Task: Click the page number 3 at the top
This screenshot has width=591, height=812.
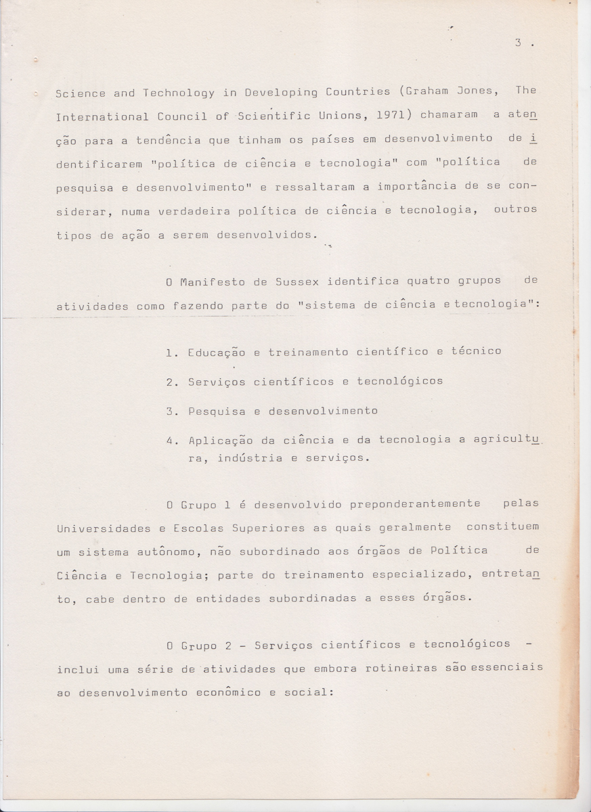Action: pos(517,43)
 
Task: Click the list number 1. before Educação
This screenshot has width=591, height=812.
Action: pos(172,352)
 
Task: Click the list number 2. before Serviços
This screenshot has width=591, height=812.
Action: pos(172,382)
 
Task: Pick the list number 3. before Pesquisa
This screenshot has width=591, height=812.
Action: pos(172,411)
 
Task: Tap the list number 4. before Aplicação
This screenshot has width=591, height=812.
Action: pos(172,441)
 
